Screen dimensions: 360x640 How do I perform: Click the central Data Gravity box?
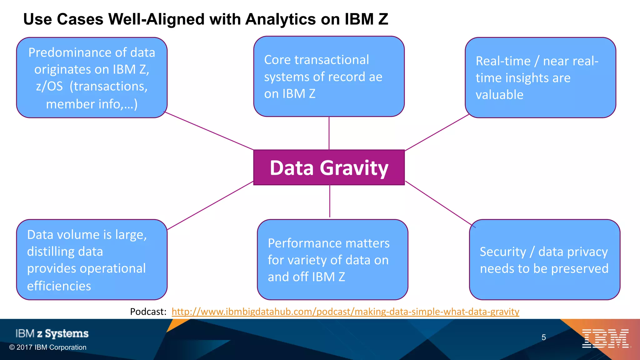click(329, 168)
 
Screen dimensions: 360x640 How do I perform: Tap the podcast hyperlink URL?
click(345, 312)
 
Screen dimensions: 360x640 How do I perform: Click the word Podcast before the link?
click(148, 312)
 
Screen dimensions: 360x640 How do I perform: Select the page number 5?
click(544, 337)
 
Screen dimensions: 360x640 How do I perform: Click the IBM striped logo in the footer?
click(605, 338)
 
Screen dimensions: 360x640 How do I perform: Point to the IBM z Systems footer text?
click(52, 333)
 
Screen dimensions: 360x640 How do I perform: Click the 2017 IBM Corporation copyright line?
click(48, 347)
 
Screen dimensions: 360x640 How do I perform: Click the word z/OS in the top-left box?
click(49, 86)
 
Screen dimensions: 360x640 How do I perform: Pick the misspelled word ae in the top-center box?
click(375, 77)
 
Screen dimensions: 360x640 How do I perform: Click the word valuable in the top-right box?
click(499, 95)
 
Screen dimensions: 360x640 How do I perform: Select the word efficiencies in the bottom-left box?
click(59, 286)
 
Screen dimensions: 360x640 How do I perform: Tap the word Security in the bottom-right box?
click(503, 252)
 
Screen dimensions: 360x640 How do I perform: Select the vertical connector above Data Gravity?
click(329, 133)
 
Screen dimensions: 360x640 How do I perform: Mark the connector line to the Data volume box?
click(210, 206)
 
